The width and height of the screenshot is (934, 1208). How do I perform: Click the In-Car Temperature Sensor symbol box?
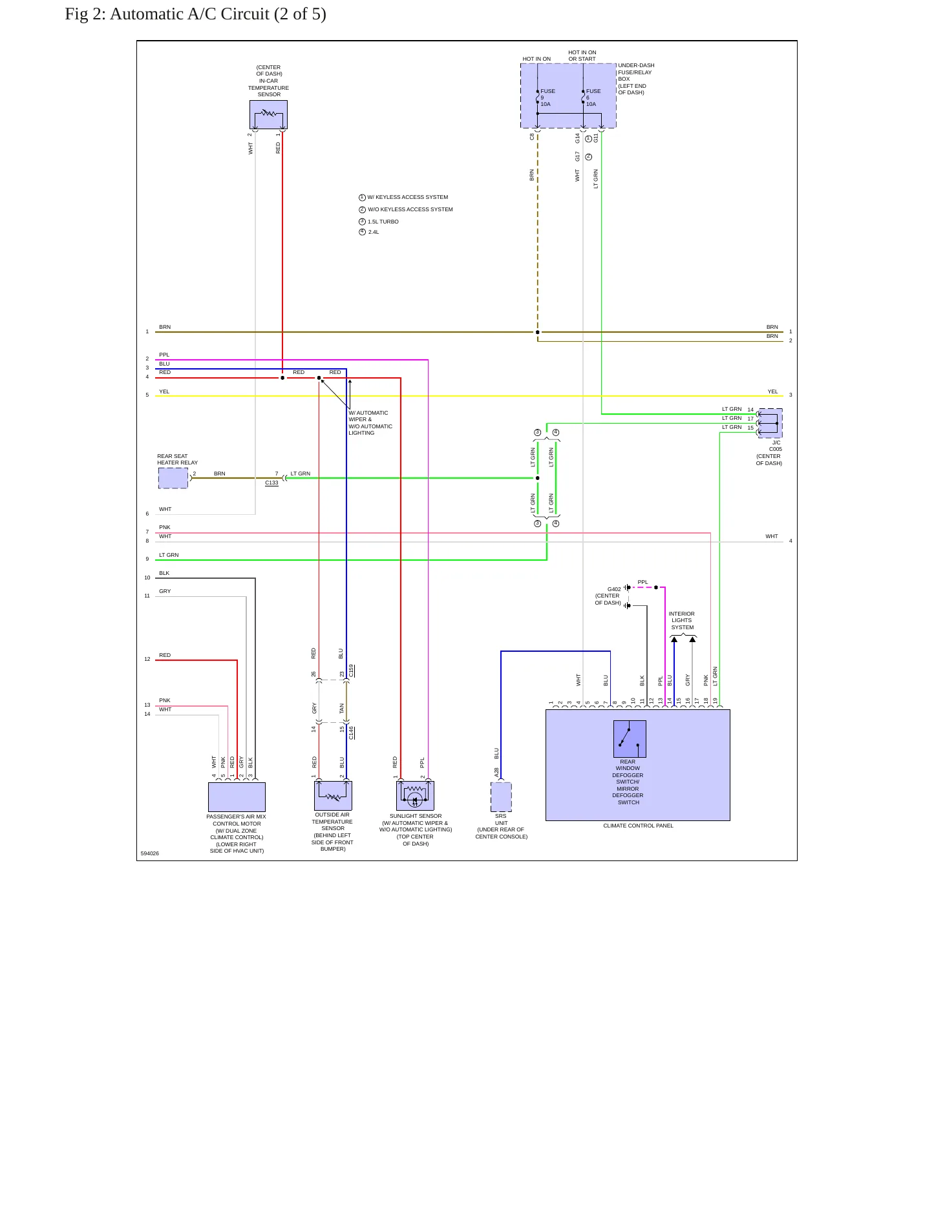[268, 114]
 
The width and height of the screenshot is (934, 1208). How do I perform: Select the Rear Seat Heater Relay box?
[173, 478]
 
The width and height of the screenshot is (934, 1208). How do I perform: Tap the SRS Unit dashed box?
[501, 797]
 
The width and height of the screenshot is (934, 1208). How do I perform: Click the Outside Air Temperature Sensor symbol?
[333, 795]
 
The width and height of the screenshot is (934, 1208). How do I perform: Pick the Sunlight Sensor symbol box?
[415, 795]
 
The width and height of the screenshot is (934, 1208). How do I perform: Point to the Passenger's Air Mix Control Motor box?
[237, 797]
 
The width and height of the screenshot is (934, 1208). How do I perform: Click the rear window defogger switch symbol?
[630, 739]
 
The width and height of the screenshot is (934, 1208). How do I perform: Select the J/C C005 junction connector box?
[770, 423]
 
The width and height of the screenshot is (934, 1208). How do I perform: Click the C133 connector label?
[271, 483]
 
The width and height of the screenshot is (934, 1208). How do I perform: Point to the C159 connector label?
[352, 671]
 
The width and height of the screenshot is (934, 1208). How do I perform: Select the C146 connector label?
[352, 733]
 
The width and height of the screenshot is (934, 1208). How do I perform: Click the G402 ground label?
[614, 589]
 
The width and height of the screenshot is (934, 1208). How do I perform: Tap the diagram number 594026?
[149, 853]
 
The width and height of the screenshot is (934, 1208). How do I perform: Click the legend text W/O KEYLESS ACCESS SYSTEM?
[410, 209]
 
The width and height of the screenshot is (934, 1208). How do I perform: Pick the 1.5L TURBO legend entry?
[383, 222]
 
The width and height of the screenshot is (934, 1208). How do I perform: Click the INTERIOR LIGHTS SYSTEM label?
[682, 620]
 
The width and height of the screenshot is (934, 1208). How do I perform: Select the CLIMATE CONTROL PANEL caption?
[638, 826]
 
